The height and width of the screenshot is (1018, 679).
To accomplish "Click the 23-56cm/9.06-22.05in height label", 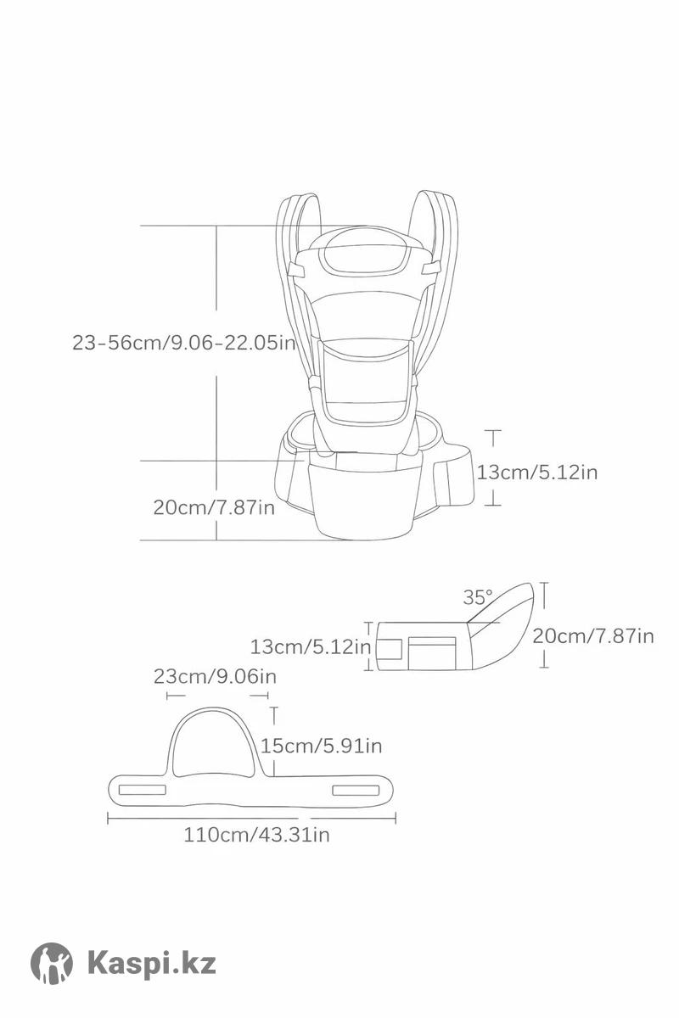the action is (x=183, y=343).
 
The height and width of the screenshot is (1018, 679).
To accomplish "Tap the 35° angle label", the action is (x=478, y=597).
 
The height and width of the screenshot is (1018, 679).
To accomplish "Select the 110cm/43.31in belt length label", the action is (x=256, y=835).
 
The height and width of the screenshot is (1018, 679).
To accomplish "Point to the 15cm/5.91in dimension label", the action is (x=321, y=746).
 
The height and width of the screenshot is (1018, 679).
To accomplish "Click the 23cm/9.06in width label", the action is (x=215, y=676).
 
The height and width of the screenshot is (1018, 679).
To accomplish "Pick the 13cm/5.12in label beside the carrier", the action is (x=537, y=473).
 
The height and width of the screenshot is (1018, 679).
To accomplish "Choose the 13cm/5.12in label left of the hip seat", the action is (x=311, y=646).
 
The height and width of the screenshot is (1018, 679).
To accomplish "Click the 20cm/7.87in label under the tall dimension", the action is (x=214, y=507).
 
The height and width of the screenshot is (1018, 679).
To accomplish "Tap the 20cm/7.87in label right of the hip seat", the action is (x=593, y=635).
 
